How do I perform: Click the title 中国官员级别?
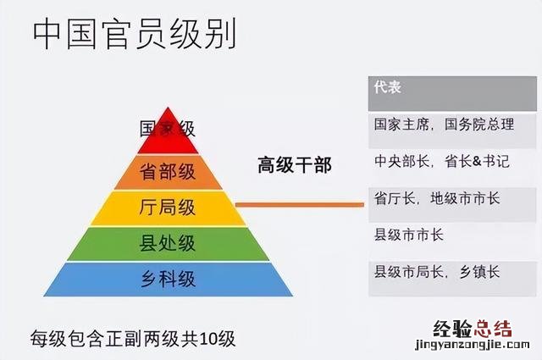tap(135, 34)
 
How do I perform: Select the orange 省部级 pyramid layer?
tap(168, 172)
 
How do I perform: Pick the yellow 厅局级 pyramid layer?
tap(168, 208)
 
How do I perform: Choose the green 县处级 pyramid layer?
tap(168, 244)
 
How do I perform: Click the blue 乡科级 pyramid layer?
tap(168, 280)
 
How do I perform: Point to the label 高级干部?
tap(295, 165)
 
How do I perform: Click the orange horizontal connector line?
tap(299, 205)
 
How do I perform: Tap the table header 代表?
tap(388, 87)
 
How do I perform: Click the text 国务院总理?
tap(479, 125)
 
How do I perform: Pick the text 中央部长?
tap(402, 161)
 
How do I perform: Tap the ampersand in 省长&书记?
tap(478, 161)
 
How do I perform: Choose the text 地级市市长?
tap(465, 198)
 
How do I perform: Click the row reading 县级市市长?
tap(409, 235)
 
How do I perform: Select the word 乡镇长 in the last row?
tap(479, 272)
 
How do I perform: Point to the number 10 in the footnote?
tap(208, 339)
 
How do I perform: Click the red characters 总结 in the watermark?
tap(493, 329)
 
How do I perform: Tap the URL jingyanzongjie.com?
tap(473, 345)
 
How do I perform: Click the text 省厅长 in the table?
tap(395, 198)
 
